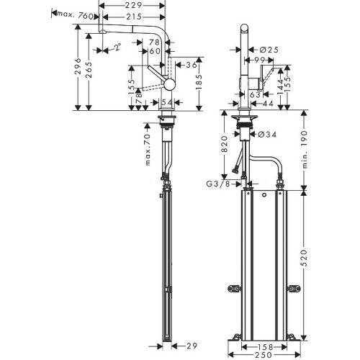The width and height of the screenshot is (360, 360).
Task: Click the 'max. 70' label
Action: (x=148, y=148)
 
